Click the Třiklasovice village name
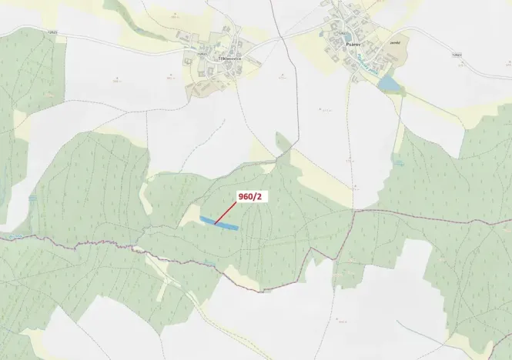229,58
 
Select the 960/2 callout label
250,197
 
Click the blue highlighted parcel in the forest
219,224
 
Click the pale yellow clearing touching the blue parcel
190,217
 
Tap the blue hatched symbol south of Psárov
399,162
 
